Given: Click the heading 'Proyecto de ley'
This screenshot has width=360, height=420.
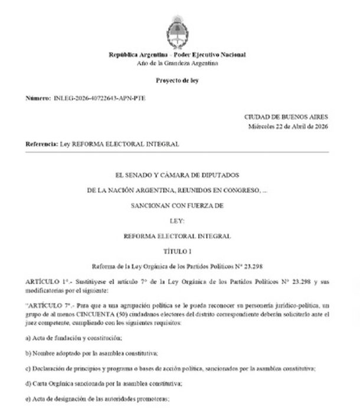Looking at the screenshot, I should [x=177, y=79].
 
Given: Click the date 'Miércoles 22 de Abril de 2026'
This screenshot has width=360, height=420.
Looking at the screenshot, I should [x=288, y=126].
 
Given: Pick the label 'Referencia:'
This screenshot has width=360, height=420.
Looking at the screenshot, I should [x=42, y=144].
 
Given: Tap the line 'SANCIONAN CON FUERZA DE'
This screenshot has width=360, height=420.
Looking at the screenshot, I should [x=177, y=205].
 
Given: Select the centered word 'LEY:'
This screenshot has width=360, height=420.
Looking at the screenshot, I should [x=177, y=221].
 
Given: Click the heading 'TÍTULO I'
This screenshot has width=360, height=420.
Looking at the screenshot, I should [x=177, y=251].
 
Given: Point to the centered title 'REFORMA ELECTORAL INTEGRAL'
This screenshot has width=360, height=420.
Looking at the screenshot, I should [x=177, y=236].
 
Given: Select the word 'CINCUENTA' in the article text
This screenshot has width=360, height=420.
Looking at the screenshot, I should [x=101, y=316].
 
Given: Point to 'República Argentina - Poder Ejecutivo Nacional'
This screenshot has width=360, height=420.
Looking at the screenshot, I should [x=177, y=54].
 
